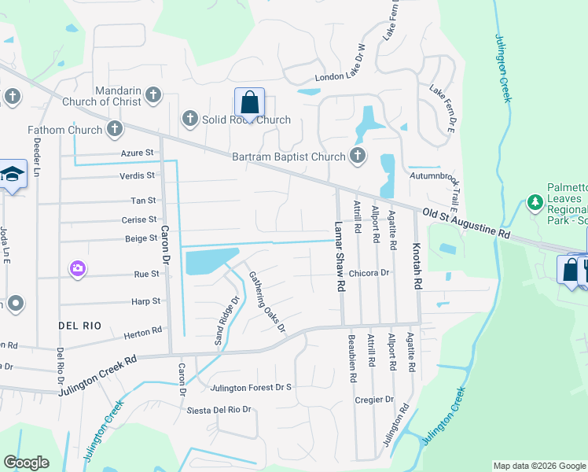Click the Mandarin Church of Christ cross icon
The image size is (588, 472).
tap(153, 96)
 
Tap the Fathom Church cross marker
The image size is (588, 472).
tap(116, 129)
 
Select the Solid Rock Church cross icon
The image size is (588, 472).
tap(189, 119)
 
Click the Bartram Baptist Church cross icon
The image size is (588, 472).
tap(358, 155)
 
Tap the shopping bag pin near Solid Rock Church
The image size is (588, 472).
tap(249, 102)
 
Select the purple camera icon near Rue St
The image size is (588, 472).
tap(77, 269)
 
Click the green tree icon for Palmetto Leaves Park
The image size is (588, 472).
tap(535, 203)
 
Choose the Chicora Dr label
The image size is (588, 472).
tap(369, 272)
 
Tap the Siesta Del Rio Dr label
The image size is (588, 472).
tap(219, 410)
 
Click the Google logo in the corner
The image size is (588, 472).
tap(27, 463)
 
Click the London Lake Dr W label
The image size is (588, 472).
tap(341, 77)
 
